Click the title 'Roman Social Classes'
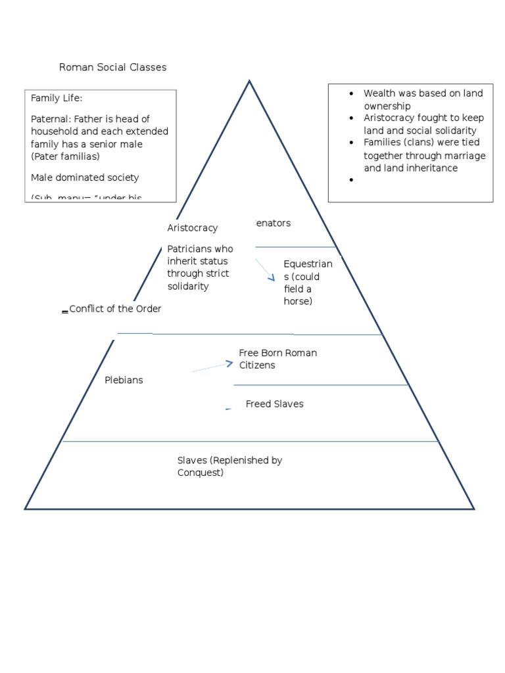[112, 67]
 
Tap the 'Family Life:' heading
[57, 98]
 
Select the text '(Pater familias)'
[65, 156]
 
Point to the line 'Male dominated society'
[85, 177]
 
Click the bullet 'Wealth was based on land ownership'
[423, 99]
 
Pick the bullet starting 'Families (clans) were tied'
[424, 156]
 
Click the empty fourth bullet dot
[352, 180]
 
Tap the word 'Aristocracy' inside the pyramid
[192, 227]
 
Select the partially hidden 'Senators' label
[271, 223]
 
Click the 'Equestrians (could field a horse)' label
[308, 282]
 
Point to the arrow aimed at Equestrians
[266, 270]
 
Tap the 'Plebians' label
[124, 380]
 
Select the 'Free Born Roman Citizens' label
[277, 359]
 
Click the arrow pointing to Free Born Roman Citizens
[214, 367]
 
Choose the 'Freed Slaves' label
[274, 404]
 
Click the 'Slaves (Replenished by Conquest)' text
[229, 466]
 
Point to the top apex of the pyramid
[249, 81]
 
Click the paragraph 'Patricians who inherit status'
[200, 267]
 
